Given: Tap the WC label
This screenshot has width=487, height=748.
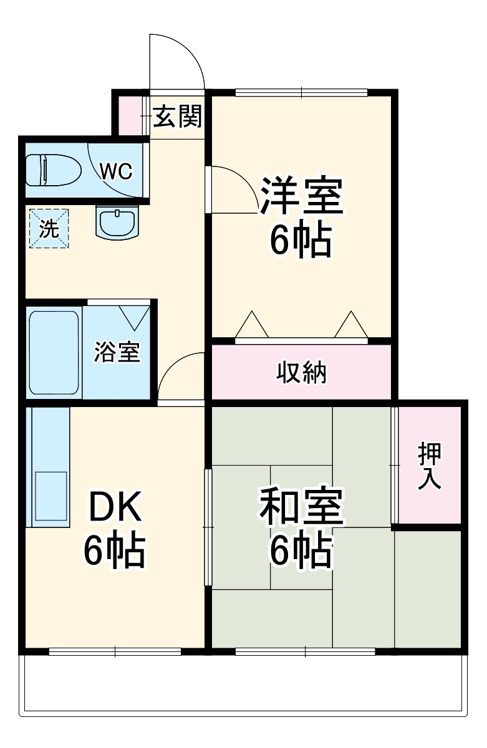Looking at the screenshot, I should (117, 171).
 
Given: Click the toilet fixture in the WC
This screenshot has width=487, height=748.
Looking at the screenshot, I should (53, 170).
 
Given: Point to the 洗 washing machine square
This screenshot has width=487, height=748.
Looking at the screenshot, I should (48, 229).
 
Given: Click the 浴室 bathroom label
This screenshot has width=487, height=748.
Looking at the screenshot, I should (117, 352).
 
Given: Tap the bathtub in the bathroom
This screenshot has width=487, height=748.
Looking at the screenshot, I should (54, 352).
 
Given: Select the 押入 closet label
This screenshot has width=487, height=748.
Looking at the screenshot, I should (430, 466).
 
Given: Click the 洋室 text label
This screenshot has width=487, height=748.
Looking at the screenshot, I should (301, 195).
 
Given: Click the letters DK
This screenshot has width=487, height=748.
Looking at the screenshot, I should (117, 508).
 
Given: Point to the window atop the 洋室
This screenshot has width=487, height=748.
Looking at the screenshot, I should (302, 93).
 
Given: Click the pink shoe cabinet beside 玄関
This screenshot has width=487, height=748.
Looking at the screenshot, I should (130, 114).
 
